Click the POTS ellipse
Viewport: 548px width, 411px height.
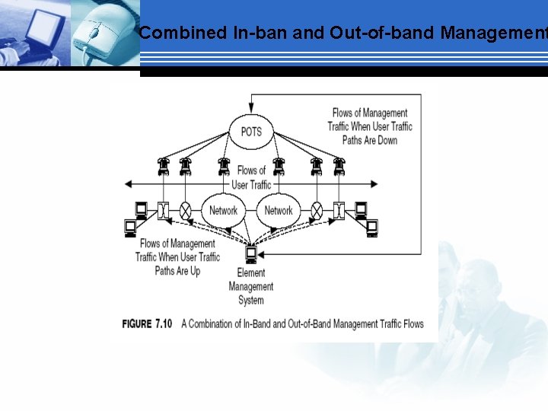tap(251, 131)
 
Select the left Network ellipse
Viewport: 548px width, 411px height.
tap(223, 211)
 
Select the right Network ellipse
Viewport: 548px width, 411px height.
tap(279, 211)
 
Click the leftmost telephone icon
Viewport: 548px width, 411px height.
tap(163, 166)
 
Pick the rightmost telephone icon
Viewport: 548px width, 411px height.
tap(339, 166)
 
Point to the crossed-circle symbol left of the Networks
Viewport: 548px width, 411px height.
tap(185, 211)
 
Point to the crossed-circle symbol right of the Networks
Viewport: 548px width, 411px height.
tap(317, 211)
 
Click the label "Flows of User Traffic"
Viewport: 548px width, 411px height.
tap(251, 177)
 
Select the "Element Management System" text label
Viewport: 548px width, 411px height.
tap(251, 286)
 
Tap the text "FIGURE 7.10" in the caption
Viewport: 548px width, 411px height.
tap(147, 324)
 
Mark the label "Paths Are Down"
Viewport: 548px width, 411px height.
tap(370, 140)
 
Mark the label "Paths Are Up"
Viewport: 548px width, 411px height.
tap(177, 270)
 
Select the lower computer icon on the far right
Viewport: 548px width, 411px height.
tap(372, 227)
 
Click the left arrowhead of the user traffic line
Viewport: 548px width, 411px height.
tap(130, 183)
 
